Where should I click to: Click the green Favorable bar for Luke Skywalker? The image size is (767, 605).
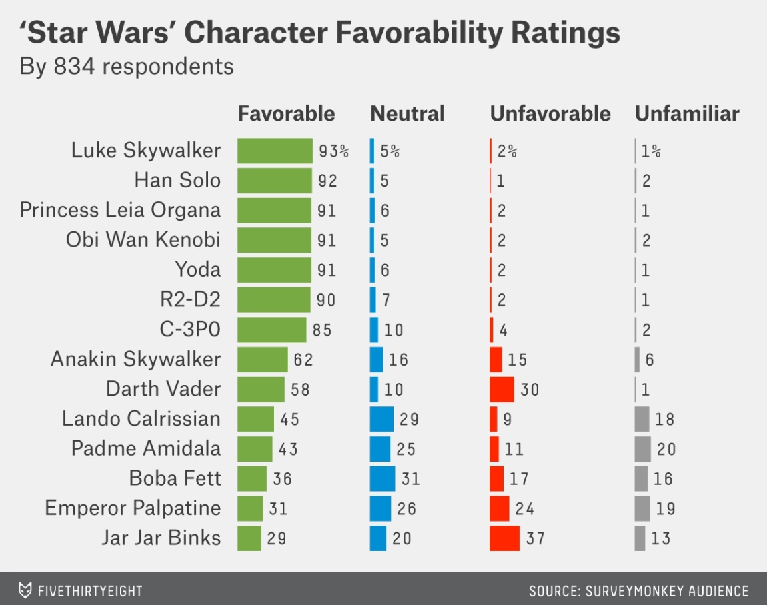click(x=275, y=151)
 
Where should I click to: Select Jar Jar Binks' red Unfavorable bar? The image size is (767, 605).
click(x=504, y=538)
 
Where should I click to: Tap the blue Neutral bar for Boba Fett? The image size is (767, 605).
click(x=382, y=478)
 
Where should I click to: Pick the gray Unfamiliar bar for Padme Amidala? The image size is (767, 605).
click(x=642, y=449)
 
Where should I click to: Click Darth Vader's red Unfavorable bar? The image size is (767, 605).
click(x=502, y=389)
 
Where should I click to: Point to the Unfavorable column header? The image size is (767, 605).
click(x=550, y=114)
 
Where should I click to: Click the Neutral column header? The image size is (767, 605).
click(x=408, y=114)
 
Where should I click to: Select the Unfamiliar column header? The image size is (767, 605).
click(x=687, y=114)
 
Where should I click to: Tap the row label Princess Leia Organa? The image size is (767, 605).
click(x=120, y=210)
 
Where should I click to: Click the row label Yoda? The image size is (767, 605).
click(x=197, y=270)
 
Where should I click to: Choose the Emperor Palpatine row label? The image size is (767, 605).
click(x=133, y=508)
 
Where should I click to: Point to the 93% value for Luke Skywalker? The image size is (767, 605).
click(x=333, y=151)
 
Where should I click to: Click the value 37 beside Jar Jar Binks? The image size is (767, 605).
click(x=535, y=538)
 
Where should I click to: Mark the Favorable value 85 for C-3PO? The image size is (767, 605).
click(x=321, y=330)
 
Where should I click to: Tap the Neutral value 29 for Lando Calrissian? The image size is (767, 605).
click(x=410, y=419)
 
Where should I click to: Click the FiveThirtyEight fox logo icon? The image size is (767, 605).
click(x=25, y=590)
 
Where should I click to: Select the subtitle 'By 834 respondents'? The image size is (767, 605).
click(x=127, y=67)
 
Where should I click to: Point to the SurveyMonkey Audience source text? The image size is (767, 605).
click(x=638, y=591)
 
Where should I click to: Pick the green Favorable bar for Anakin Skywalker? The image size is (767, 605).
click(x=263, y=360)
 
